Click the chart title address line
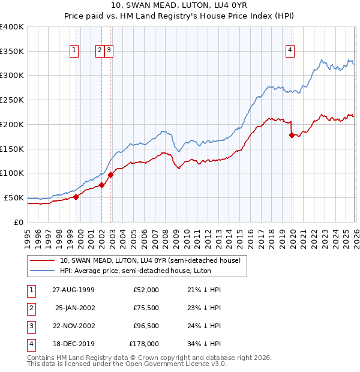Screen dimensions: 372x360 click(x=179, y=5)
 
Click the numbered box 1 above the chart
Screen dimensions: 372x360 click(x=74, y=51)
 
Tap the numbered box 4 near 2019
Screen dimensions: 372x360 click(x=290, y=51)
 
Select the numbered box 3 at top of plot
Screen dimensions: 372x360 click(x=109, y=51)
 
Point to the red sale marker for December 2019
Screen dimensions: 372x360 click(x=292, y=135)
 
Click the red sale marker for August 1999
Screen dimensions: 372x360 click(x=76, y=197)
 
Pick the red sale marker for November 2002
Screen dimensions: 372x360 click(x=111, y=175)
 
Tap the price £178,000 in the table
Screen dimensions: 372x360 click(x=144, y=344)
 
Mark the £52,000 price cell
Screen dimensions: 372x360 click(x=146, y=290)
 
